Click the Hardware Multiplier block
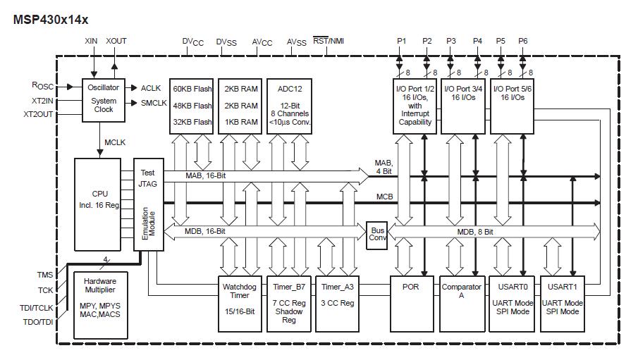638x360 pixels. point(100,302)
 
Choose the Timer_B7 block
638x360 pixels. point(289,303)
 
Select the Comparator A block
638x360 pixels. point(461,303)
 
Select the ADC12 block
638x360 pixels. point(289,106)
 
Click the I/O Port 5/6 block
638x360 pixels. point(511,106)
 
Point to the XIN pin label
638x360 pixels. point(91,41)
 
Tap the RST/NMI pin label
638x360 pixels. point(328,41)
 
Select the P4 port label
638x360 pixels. point(478,41)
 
